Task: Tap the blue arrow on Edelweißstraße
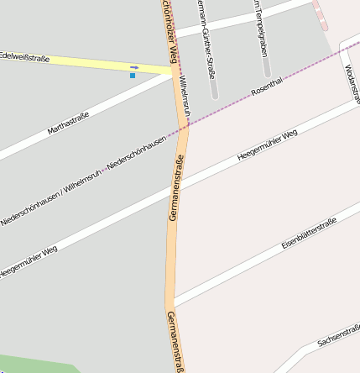point(134,67)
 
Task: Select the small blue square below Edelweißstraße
point(132,76)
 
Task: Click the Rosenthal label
point(268,87)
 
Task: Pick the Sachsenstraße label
point(338,337)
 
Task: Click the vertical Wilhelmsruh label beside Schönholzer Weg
point(185,97)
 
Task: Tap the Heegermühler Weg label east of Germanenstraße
point(267,145)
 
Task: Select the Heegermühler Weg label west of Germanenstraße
point(29,261)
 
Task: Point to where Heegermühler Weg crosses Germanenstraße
point(178,184)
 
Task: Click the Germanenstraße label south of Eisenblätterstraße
point(175,341)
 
